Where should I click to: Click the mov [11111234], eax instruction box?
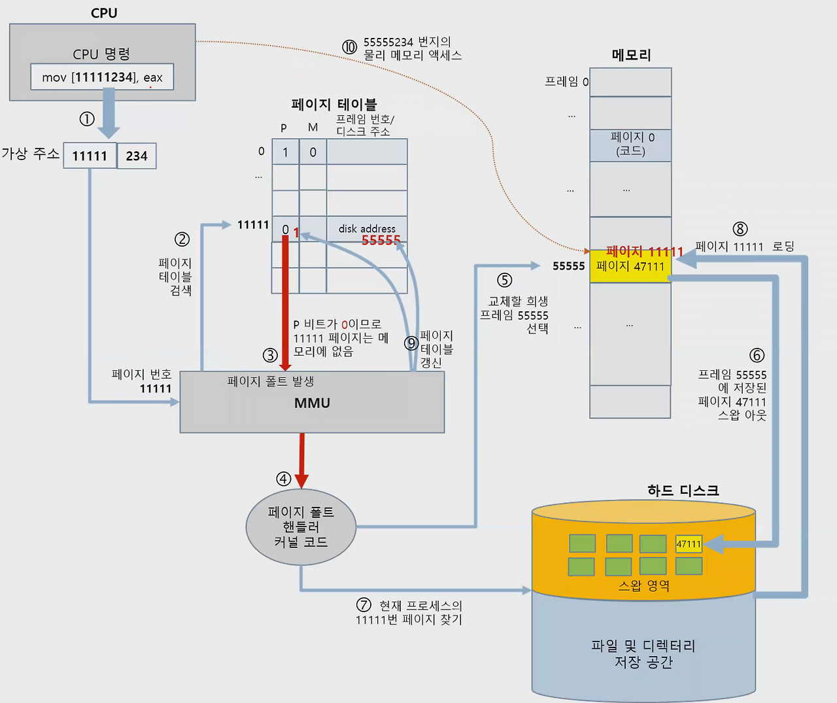click(x=102, y=77)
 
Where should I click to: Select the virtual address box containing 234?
click(x=137, y=156)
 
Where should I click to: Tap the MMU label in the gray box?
click(x=313, y=403)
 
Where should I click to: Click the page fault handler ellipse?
click(x=301, y=527)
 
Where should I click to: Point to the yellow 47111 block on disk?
click(x=689, y=544)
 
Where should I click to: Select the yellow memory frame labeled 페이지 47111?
click(x=630, y=266)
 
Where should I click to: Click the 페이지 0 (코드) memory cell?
click(x=630, y=145)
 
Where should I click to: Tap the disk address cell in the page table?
click(x=367, y=229)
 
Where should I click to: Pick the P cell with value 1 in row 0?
click(x=285, y=152)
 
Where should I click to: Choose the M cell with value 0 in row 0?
click(x=313, y=152)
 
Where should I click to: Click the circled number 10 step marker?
click(x=350, y=47)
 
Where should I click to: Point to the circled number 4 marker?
click(x=283, y=479)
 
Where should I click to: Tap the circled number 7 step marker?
click(x=364, y=604)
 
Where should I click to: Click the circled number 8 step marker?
click(x=740, y=229)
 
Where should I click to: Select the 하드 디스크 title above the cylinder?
click(x=683, y=490)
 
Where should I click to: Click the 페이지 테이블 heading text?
click(x=334, y=104)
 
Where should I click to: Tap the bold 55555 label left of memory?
click(x=568, y=266)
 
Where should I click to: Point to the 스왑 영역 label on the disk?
click(x=644, y=585)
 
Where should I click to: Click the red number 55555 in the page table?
click(x=381, y=240)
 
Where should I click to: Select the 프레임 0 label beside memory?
click(x=566, y=82)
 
